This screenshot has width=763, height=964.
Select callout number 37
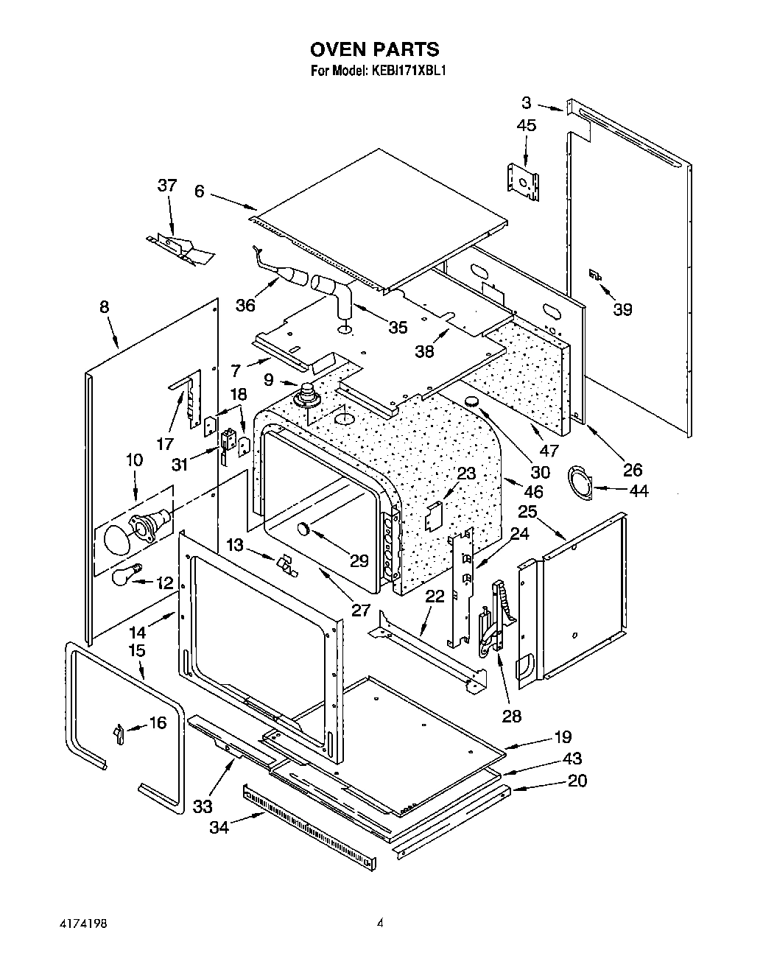pyautogui.click(x=167, y=185)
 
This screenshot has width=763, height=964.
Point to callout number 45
pyautogui.click(x=526, y=125)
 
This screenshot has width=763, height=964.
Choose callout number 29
pyautogui.click(x=359, y=560)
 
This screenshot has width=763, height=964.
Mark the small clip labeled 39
pyautogui.click(x=595, y=275)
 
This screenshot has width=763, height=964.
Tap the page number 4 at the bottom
pyautogui.click(x=380, y=922)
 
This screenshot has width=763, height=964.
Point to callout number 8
pyautogui.click(x=104, y=306)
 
